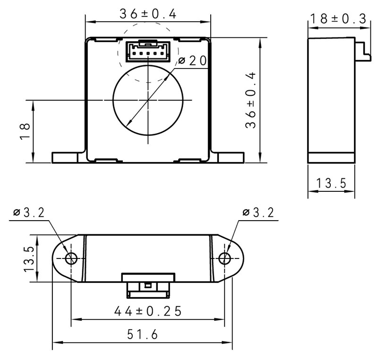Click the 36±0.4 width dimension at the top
147,14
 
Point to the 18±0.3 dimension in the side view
337,19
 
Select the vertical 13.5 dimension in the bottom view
29,258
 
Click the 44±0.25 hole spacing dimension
148,311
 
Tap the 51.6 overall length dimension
142,334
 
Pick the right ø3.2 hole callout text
258,213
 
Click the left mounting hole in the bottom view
71,258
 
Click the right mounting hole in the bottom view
225,258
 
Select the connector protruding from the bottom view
148,285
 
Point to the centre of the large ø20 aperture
148,100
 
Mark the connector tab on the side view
362,51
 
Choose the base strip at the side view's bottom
331,158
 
